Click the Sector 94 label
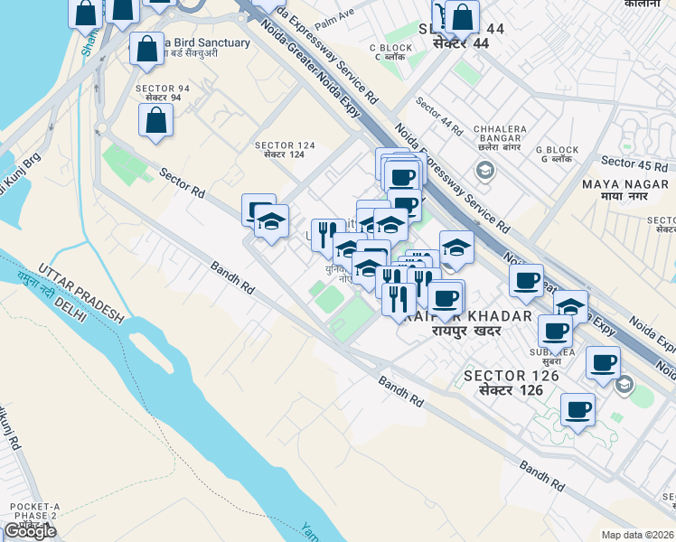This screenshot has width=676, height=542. pos(163,93)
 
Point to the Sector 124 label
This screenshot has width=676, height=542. pos(285,150)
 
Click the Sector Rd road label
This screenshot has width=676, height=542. pos(183,182)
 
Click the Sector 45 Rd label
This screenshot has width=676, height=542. pos(634,164)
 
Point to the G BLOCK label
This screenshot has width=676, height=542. pos(557,154)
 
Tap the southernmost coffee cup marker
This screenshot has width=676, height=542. pos(577,410)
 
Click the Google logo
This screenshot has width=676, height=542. pos(30,530)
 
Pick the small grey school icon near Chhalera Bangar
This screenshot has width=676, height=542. pos(484,170)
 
